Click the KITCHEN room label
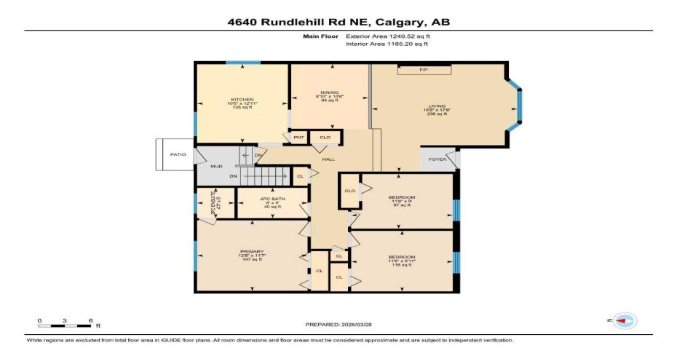point(242,100)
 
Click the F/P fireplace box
point(424,70)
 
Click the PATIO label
point(178,154)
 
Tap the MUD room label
point(216,166)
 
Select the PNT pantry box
point(298,137)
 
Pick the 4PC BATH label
point(271,199)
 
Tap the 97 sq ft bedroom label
point(401,197)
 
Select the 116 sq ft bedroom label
point(401,257)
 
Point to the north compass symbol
point(624,320)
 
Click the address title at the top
point(338,22)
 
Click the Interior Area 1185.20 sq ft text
point(387,44)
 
